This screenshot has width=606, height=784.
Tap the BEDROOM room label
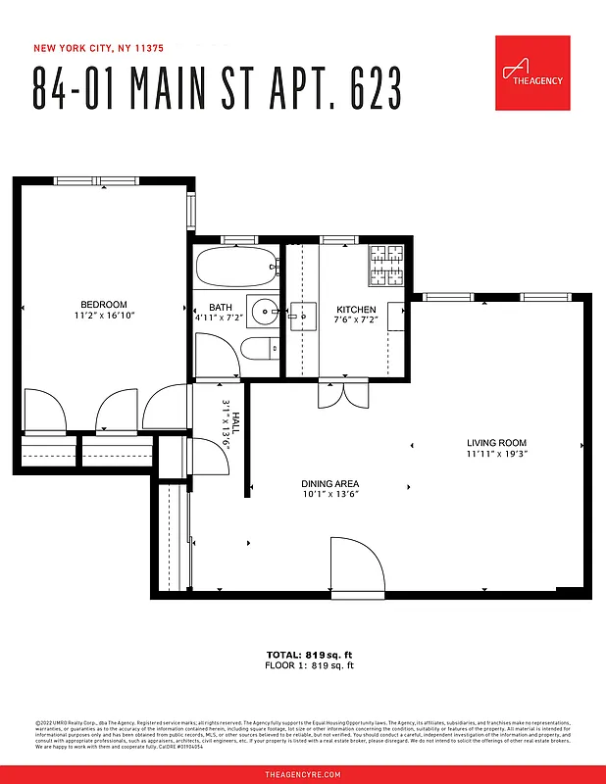click(x=104, y=305)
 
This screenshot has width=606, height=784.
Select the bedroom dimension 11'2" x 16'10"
click(x=104, y=316)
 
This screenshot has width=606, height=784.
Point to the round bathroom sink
click(x=264, y=313)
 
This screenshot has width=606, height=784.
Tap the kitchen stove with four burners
click(x=386, y=265)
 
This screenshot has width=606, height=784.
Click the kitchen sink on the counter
click(x=302, y=315)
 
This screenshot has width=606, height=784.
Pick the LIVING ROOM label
click(x=496, y=444)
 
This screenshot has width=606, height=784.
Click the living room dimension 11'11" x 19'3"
click(x=496, y=455)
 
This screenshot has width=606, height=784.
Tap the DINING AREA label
click(x=329, y=484)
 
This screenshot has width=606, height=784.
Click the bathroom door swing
click(x=217, y=354)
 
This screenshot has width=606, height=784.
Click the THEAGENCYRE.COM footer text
click(x=303, y=774)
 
